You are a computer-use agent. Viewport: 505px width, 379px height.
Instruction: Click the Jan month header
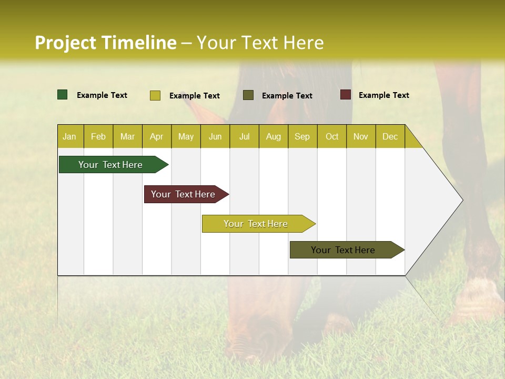(69, 137)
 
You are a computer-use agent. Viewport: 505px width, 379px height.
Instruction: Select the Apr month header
(157, 137)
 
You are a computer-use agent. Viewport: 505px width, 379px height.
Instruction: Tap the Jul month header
(244, 137)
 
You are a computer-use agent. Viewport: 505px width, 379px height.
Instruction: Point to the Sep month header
(302, 137)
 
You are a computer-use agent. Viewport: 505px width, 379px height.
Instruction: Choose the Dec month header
(390, 137)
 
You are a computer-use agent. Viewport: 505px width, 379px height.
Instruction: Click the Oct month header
(332, 137)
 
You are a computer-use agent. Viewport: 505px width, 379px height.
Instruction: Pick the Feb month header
(98, 137)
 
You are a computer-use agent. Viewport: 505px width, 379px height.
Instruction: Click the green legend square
(63, 95)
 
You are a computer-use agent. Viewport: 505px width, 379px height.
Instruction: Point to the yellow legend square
(155, 95)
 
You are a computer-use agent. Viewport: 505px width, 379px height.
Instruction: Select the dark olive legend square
(248, 95)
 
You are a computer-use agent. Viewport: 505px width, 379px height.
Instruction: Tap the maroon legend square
(346, 95)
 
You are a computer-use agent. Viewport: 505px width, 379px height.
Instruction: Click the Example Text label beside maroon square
(383, 95)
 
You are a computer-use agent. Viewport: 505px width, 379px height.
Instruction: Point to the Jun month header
(215, 137)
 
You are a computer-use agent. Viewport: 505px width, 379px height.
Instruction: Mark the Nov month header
(361, 137)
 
